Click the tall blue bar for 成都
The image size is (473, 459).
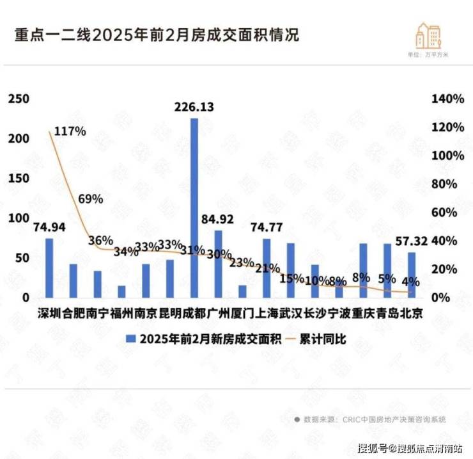194,208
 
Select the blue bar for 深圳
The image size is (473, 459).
49,268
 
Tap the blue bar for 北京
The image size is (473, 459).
412,275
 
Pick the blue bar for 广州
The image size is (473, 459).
218,264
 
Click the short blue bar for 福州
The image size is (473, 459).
121,291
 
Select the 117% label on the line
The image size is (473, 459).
70,131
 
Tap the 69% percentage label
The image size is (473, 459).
91,198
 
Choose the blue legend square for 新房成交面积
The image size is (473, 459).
131,339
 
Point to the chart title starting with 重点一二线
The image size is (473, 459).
157,35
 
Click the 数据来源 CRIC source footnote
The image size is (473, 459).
371,419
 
